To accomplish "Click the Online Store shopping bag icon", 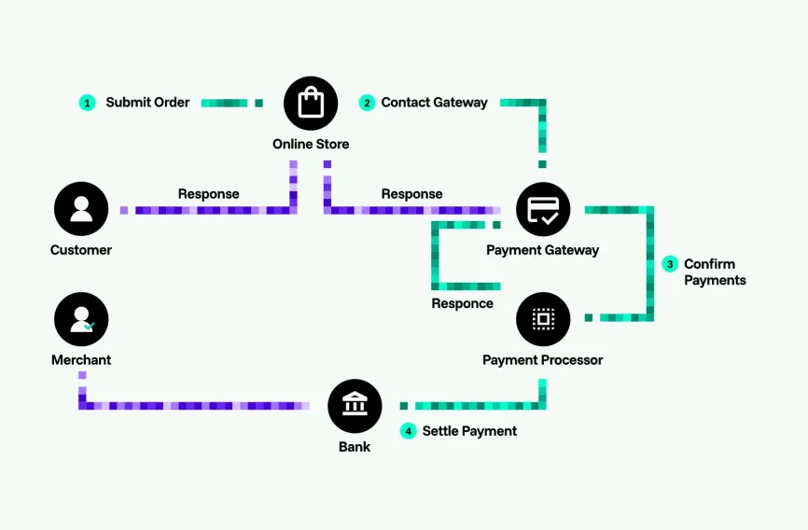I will tap(311, 103).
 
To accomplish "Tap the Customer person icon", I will tap(81, 209).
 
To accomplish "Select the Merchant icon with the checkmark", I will tap(81, 319).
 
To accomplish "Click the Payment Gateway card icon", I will tap(543, 209).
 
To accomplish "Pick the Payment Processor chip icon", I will tap(543, 319).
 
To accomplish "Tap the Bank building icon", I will tap(355, 406).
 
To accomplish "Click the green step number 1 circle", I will tap(88, 103).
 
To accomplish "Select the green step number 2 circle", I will tap(367, 103).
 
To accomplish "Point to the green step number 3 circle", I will tap(670, 264).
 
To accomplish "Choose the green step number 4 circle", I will tap(408, 431).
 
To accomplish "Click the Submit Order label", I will tap(147, 103).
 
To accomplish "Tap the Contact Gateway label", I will tap(434, 103).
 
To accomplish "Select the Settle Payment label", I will tap(469, 431).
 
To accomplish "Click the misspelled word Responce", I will tap(462, 303).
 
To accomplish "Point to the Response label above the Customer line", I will tap(208, 194).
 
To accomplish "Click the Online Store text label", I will tap(311, 145).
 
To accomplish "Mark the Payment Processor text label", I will tap(542, 360).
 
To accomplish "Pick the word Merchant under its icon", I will tap(81, 360).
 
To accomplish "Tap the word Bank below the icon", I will tap(355, 447).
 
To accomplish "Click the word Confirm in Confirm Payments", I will tap(709, 264).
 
